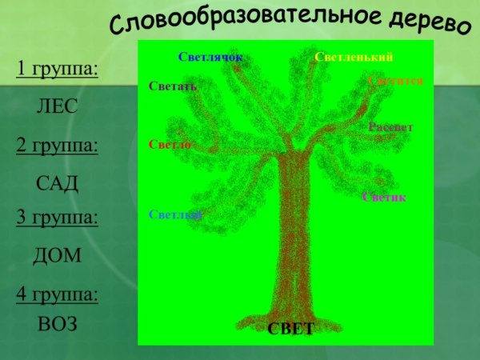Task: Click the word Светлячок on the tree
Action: pos(210,57)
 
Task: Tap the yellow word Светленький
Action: pos(354,57)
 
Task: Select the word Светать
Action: pos(173,86)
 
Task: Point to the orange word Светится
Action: pos(395,81)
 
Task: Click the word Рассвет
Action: pos(390,127)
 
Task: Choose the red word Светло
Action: pos(170,145)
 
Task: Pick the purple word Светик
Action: pos(384,197)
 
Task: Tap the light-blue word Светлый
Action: pos(174,214)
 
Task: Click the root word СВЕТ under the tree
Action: pos(290,330)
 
